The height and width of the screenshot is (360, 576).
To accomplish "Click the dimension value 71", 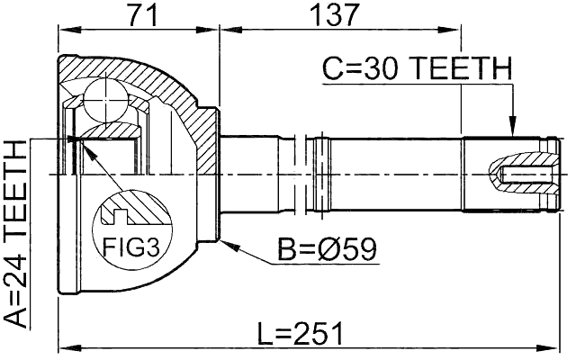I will pos(138,14).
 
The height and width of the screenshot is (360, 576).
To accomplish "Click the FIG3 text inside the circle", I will pos(125,245).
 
